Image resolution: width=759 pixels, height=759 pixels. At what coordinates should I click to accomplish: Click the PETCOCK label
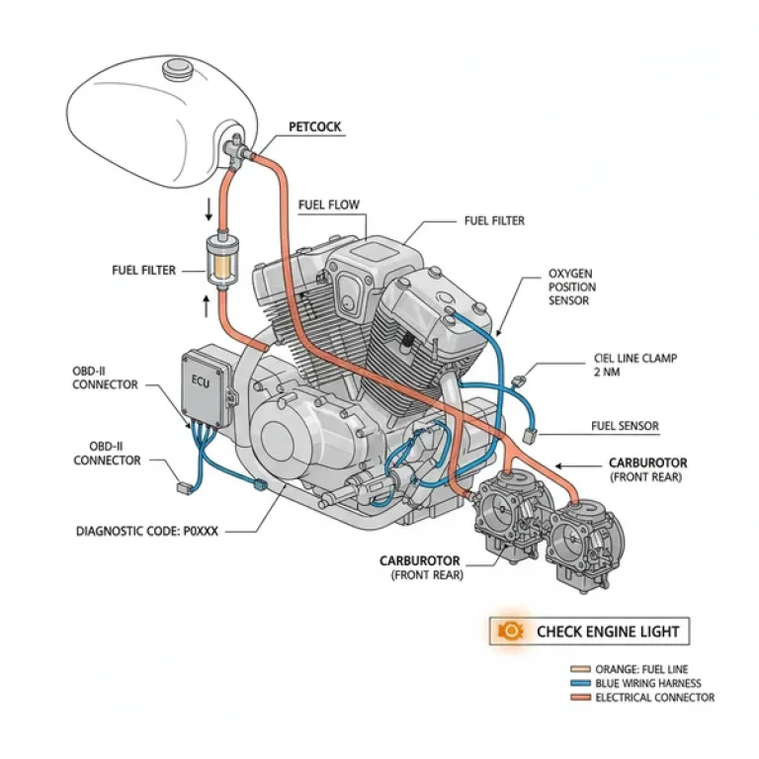[x=315, y=126]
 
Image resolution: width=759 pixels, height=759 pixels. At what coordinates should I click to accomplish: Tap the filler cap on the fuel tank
[x=178, y=69]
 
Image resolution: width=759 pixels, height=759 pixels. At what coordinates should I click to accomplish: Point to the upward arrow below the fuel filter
[x=207, y=306]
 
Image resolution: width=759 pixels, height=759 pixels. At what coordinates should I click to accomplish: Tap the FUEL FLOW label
[x=329, y=205]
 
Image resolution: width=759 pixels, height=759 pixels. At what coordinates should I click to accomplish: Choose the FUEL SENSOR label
[x=625, y=426]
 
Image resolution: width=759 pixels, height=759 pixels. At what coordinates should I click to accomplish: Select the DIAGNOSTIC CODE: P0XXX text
[x=146, y=531]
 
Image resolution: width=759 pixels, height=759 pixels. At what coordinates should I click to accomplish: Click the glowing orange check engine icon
[x=510, y=631]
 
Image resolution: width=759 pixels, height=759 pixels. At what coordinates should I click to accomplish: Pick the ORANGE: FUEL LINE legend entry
[x=641, y=669]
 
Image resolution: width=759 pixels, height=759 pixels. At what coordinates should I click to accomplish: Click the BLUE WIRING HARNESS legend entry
[x=647, y=683]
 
